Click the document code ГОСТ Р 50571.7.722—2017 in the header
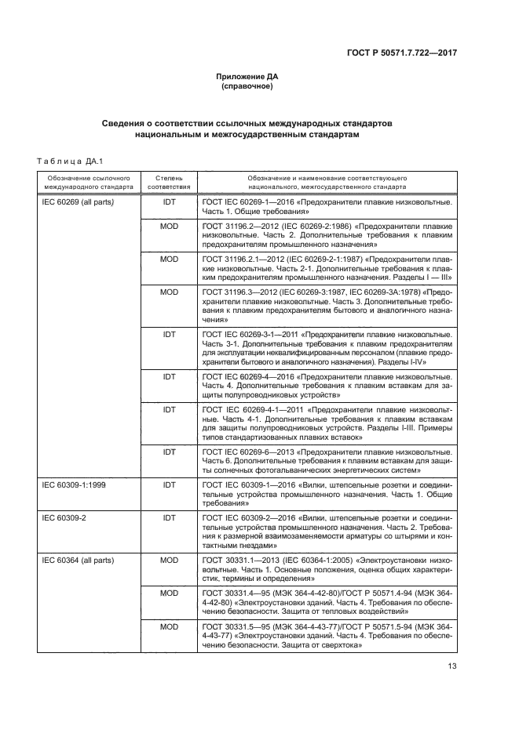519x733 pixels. [401, 53]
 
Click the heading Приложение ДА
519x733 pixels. [247, 76]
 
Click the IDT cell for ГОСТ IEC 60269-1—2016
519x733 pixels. [169, 202]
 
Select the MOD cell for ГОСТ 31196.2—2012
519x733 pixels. [169, 226]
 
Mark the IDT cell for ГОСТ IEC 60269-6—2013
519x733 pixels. [169, 452]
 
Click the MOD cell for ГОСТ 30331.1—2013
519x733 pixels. [169, 561]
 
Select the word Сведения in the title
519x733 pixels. [126, 124]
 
